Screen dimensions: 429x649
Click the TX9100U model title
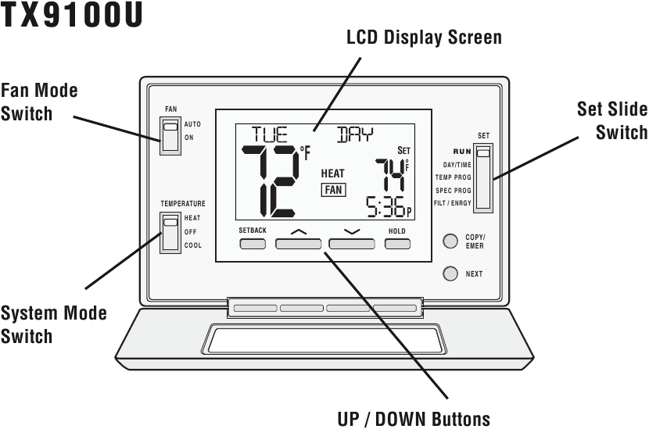click(x=72, y=18)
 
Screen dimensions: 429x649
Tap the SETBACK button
click(x=253, y=244)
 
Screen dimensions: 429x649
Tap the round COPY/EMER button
click(x=450, y=241)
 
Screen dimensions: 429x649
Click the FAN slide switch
click(x=170, y=135)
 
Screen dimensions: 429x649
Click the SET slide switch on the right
click(x=484, y=176)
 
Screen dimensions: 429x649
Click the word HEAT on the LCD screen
click(x=332, y=173)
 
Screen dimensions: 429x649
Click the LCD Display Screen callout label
click(x=424, y=38)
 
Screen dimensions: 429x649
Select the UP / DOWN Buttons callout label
click(x=414, y=419)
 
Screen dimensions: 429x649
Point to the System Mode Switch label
click(x=53, y=325)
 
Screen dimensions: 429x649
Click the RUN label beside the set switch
click(x=461, y=152)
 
